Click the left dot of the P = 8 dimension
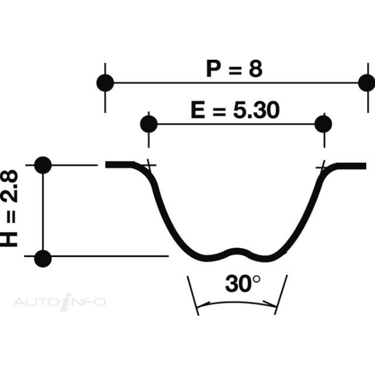pyautogui.click(x=105, y=83)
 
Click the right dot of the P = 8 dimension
pyautogui.click(x=367, y=83)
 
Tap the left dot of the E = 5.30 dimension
pyautogui.click(x=149, y=124)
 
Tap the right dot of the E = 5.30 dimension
pyautogui.click(x=323, y=124)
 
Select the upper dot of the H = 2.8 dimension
pyautogui.click(x=43, y=165)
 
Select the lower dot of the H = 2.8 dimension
pyautogui.click(x=43, y=259)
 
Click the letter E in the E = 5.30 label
pyautogui.click(x=198, y=111)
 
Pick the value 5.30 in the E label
pyautogui.click(x=256, y=111)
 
